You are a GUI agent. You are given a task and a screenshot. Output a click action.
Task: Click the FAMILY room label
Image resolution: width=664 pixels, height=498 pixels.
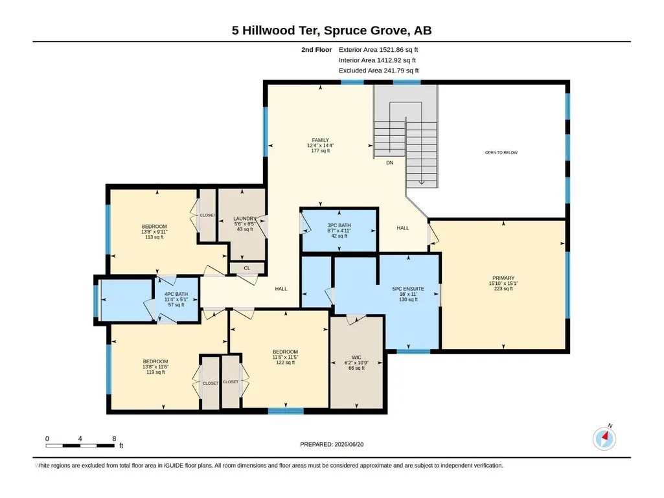pyautogui.click(x=321, y=140)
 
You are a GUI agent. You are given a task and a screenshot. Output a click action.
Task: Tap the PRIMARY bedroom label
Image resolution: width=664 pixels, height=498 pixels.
pyautogui.click(x=503, y=278)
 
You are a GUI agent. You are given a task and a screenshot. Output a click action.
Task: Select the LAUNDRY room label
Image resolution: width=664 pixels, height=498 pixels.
pyautogui.click(x=245, y=218)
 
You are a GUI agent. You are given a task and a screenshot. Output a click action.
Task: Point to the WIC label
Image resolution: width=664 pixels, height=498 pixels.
pyautogui.click(x=356, y=357)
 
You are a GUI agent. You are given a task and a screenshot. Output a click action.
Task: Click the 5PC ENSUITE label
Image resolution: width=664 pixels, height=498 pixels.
pyautogui.click(x=408, y=289)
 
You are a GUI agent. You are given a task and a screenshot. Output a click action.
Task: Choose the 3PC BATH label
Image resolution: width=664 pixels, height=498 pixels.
pyautogui.click(x=339, y=225)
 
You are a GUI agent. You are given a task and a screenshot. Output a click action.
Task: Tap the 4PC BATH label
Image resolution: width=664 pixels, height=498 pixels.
pyautogui.click(x=176, y=294)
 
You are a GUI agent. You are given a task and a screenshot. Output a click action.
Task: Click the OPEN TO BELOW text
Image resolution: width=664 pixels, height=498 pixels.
pyautogui.click(x=501, y=152)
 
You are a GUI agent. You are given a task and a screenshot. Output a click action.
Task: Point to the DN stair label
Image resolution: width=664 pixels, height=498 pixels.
pyautogui.click(x=389, y=163)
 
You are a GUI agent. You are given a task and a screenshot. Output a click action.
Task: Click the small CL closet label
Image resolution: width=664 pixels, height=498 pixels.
pyautogui.click(x=247, y=268)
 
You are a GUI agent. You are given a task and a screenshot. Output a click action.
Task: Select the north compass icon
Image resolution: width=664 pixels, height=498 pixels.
pyautogui.click(x=604, y=438)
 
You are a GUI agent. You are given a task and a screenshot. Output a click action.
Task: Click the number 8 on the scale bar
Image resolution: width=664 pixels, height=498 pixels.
pyautogui.click(x=114, y=438)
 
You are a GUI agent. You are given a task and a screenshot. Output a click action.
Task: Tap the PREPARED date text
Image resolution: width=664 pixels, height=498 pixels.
pyautogui.click(x=332, y=444)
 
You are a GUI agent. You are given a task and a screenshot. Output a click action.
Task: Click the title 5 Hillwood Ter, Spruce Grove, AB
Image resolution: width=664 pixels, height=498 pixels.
pyautogui.click(x=332, y=30)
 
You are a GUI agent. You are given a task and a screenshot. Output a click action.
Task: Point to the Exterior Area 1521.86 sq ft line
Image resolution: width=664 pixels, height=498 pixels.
pyautogui.click(x=378, y=50)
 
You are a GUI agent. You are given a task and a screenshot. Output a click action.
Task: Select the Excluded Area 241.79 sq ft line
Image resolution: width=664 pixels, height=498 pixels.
pyautogui.click(x=378, y=71)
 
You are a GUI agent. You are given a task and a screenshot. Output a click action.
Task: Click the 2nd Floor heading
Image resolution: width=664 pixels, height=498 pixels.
pyautogui.click(x=317, y=50)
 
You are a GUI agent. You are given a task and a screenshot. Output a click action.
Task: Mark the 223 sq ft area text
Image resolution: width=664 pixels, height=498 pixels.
pyautogui.click(x=503, y=289)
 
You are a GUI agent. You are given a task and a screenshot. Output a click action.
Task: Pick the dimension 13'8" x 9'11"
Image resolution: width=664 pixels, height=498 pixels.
pyautogui.click(x=155, y=232)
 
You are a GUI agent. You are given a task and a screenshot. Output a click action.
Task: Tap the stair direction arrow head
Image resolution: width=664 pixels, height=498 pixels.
pyautogui.click(x=422, y=183)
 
